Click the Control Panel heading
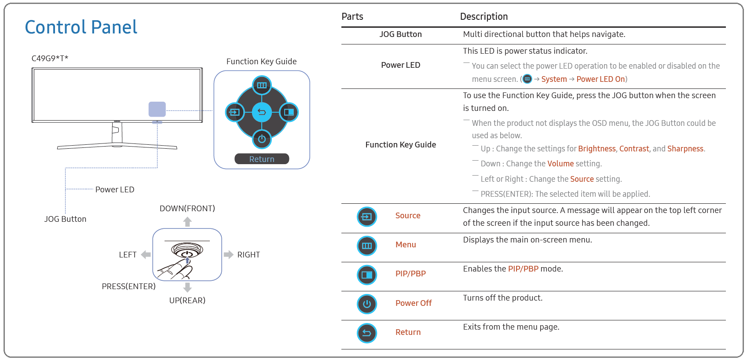tap(81, 27)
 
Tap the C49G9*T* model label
tap(50, 59)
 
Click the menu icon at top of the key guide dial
tap(262, 85)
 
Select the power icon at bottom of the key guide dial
tap(262, 139)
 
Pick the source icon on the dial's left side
tap(235, 112)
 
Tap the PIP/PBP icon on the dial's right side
tap(289, 112)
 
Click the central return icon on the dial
tap(262, 112)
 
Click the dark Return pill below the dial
tap(262, 159)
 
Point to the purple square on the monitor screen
tap(157, 109)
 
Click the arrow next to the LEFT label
tap(146, 254)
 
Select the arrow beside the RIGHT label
tap(228, 254)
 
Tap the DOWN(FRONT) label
tap(187, 209)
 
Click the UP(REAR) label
tap(187, 301)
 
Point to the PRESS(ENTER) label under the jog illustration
tap(128, 286)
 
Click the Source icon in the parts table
tap(367, 217)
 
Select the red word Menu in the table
tap(406, 245)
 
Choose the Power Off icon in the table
tap(367, 304)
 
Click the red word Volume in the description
tap(560, 163)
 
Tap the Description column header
tap(484, 16)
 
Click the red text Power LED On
tap(601, 79)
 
